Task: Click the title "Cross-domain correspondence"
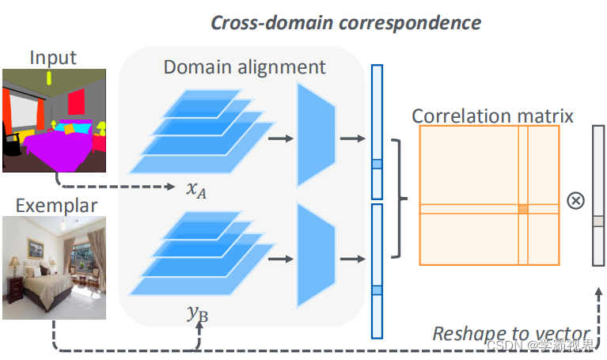(x=345, y=21)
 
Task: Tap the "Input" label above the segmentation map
(x=53, y=58)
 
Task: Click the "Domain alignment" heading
(x=245, y=66)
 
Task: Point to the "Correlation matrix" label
(x=492, y=117)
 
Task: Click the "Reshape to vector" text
(x=511, y=333)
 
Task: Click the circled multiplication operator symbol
(x=576, y=200)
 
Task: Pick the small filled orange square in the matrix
(x=522, y=209)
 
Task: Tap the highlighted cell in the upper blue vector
(x=377, y=165)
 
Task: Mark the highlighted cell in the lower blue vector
(x=377, y=290)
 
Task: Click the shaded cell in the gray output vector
(x=598, y=222)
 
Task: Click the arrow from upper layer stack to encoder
(x=277, y=139)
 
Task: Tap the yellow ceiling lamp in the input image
(x=49, y=78)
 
